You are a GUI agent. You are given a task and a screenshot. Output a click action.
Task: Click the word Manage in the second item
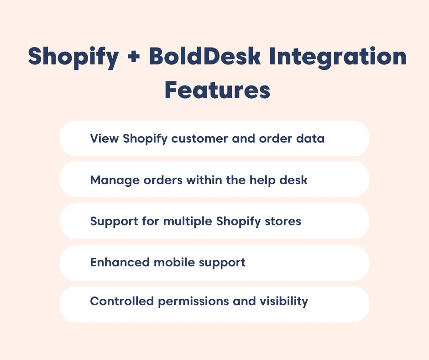[x=109, y=180]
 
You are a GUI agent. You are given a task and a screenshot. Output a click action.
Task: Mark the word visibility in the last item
[x=283, y=302]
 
